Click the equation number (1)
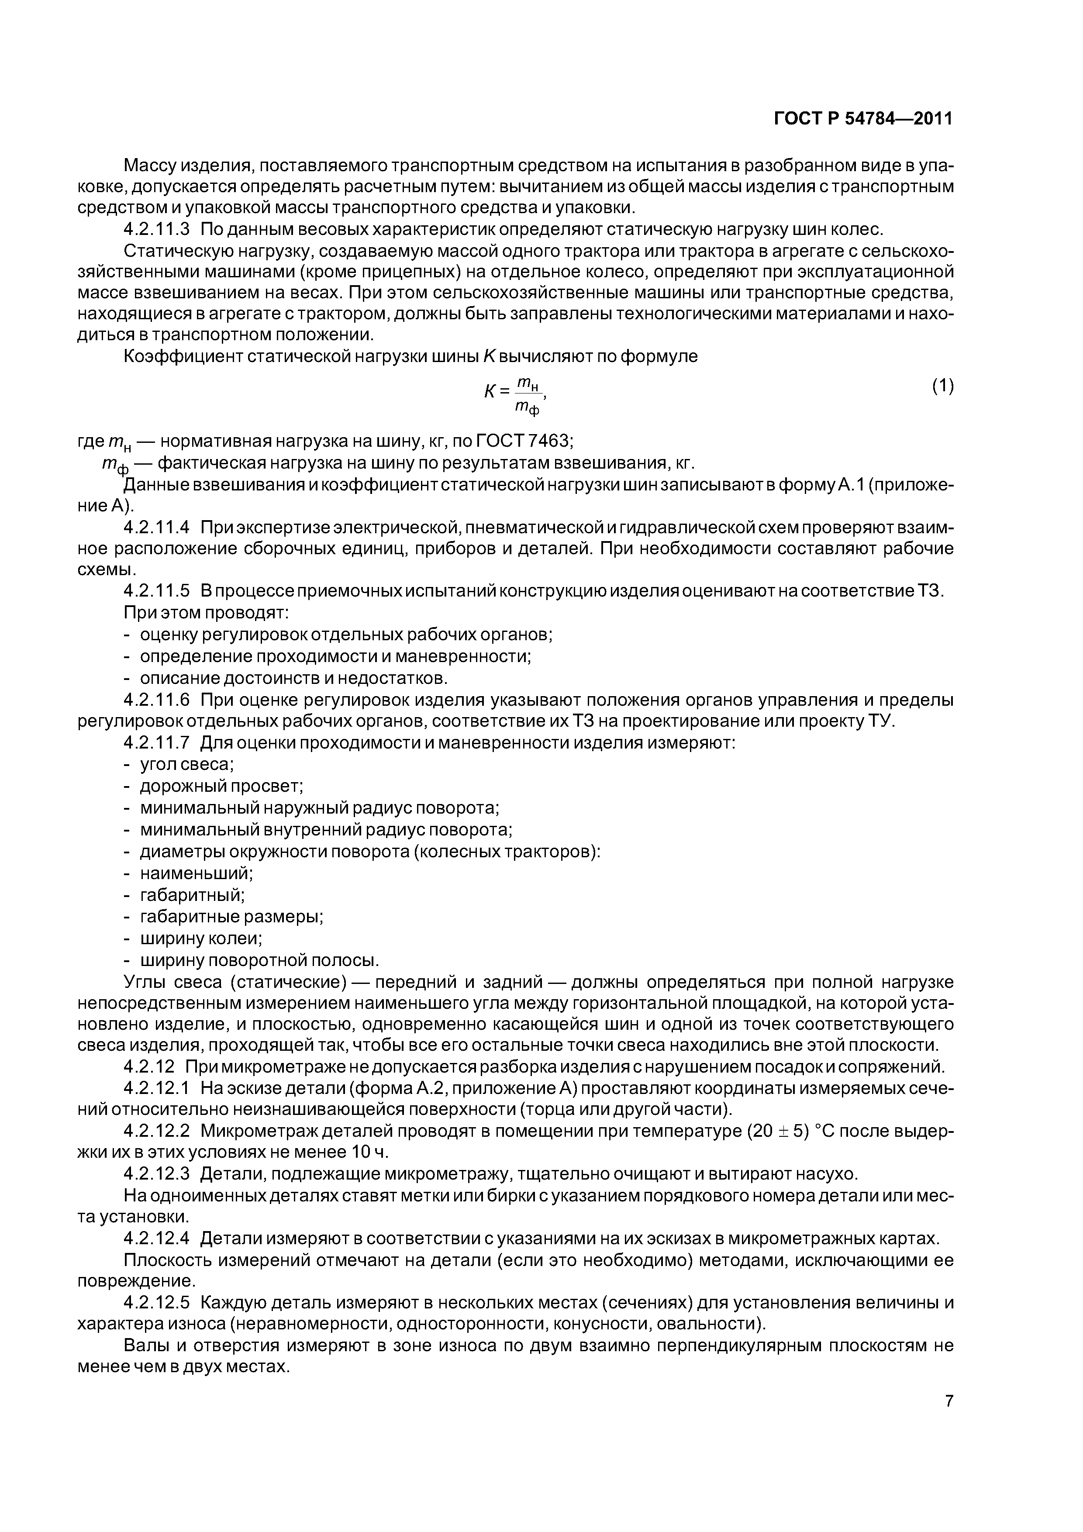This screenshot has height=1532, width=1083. pos(942,386)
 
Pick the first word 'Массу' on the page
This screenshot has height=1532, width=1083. pos(153,165)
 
